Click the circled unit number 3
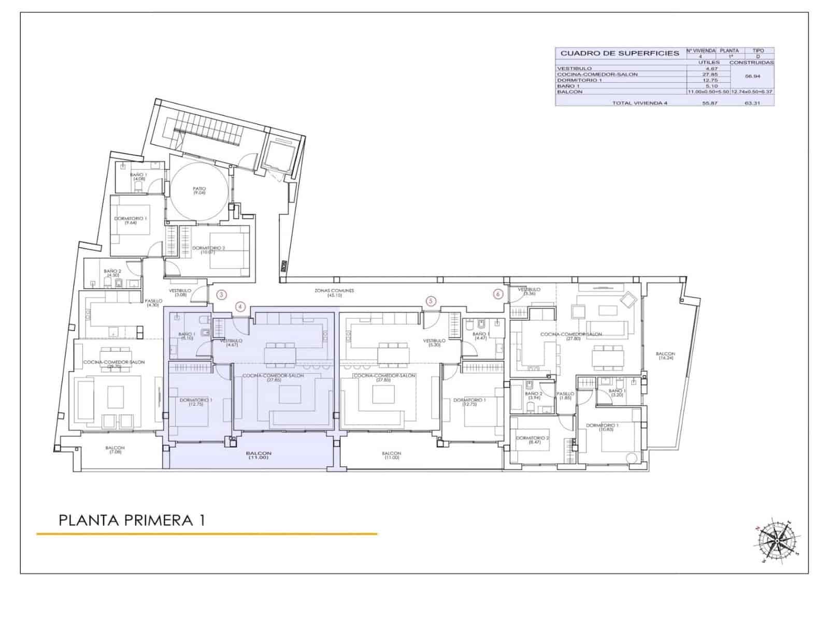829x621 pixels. point(222,295)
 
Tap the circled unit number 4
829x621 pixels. point(240,306)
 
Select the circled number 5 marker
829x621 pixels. point(430,301)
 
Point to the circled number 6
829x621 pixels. point(498,294)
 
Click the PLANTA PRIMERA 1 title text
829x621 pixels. point(132,520)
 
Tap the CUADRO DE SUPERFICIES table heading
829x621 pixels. point(620,53)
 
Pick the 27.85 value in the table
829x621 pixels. point(709,74)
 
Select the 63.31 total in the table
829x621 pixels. point(751,103)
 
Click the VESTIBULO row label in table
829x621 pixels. point(574,68)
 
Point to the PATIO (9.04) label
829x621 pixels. point(199,190)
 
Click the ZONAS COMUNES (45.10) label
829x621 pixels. point(334,293)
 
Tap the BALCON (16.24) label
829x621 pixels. point(665,356)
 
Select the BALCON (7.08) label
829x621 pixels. point(115,450)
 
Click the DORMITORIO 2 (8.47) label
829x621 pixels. point(533,440)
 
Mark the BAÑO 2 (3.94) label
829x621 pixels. point(533,395)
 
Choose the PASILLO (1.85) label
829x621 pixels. point(565,395)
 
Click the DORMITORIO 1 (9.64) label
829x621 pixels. point(131,220)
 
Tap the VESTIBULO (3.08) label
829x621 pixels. point(180,292)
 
